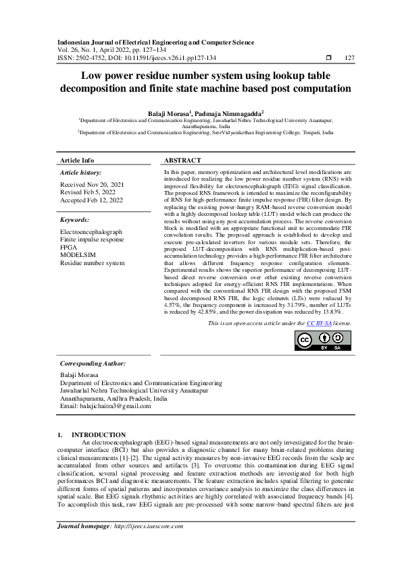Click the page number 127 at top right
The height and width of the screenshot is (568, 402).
[x=349, y=57]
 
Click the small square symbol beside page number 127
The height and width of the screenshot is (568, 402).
[x=328, y=57]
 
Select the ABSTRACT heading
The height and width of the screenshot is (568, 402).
[x=182, y=161]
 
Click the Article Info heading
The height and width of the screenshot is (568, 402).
[x=77, y=161]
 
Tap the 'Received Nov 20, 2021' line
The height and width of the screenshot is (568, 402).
[x=91, y=184]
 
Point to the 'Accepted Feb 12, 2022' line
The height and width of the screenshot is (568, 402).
[x=92, y=200]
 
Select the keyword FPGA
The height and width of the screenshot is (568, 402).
[x=69, y=247]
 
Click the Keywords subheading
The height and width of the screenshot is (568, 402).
[x=75, y=220]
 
